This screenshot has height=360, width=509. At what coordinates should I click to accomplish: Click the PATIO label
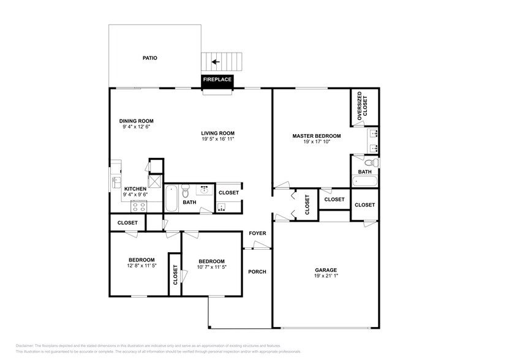point(149,58)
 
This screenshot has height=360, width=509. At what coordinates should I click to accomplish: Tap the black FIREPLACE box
point(218,80)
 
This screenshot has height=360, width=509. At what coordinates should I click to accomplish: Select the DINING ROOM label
point(136,121)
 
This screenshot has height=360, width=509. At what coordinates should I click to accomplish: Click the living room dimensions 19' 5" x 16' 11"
point(218,139)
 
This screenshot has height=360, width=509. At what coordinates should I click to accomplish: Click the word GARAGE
point(326,270)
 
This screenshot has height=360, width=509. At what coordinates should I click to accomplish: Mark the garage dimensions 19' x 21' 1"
point(326,276)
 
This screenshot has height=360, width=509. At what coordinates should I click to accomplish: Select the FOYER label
point(257,233)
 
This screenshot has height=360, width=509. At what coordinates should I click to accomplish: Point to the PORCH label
point(257,271)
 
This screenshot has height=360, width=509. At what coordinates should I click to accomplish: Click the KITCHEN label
point(135,189)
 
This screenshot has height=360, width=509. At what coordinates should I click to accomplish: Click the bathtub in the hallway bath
point(171,198)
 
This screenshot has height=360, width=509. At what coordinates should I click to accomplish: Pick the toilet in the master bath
point(369,163)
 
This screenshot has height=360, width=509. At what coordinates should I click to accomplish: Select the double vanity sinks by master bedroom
point(374,140)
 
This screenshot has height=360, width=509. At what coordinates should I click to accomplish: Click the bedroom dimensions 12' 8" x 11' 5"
point(141,266)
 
